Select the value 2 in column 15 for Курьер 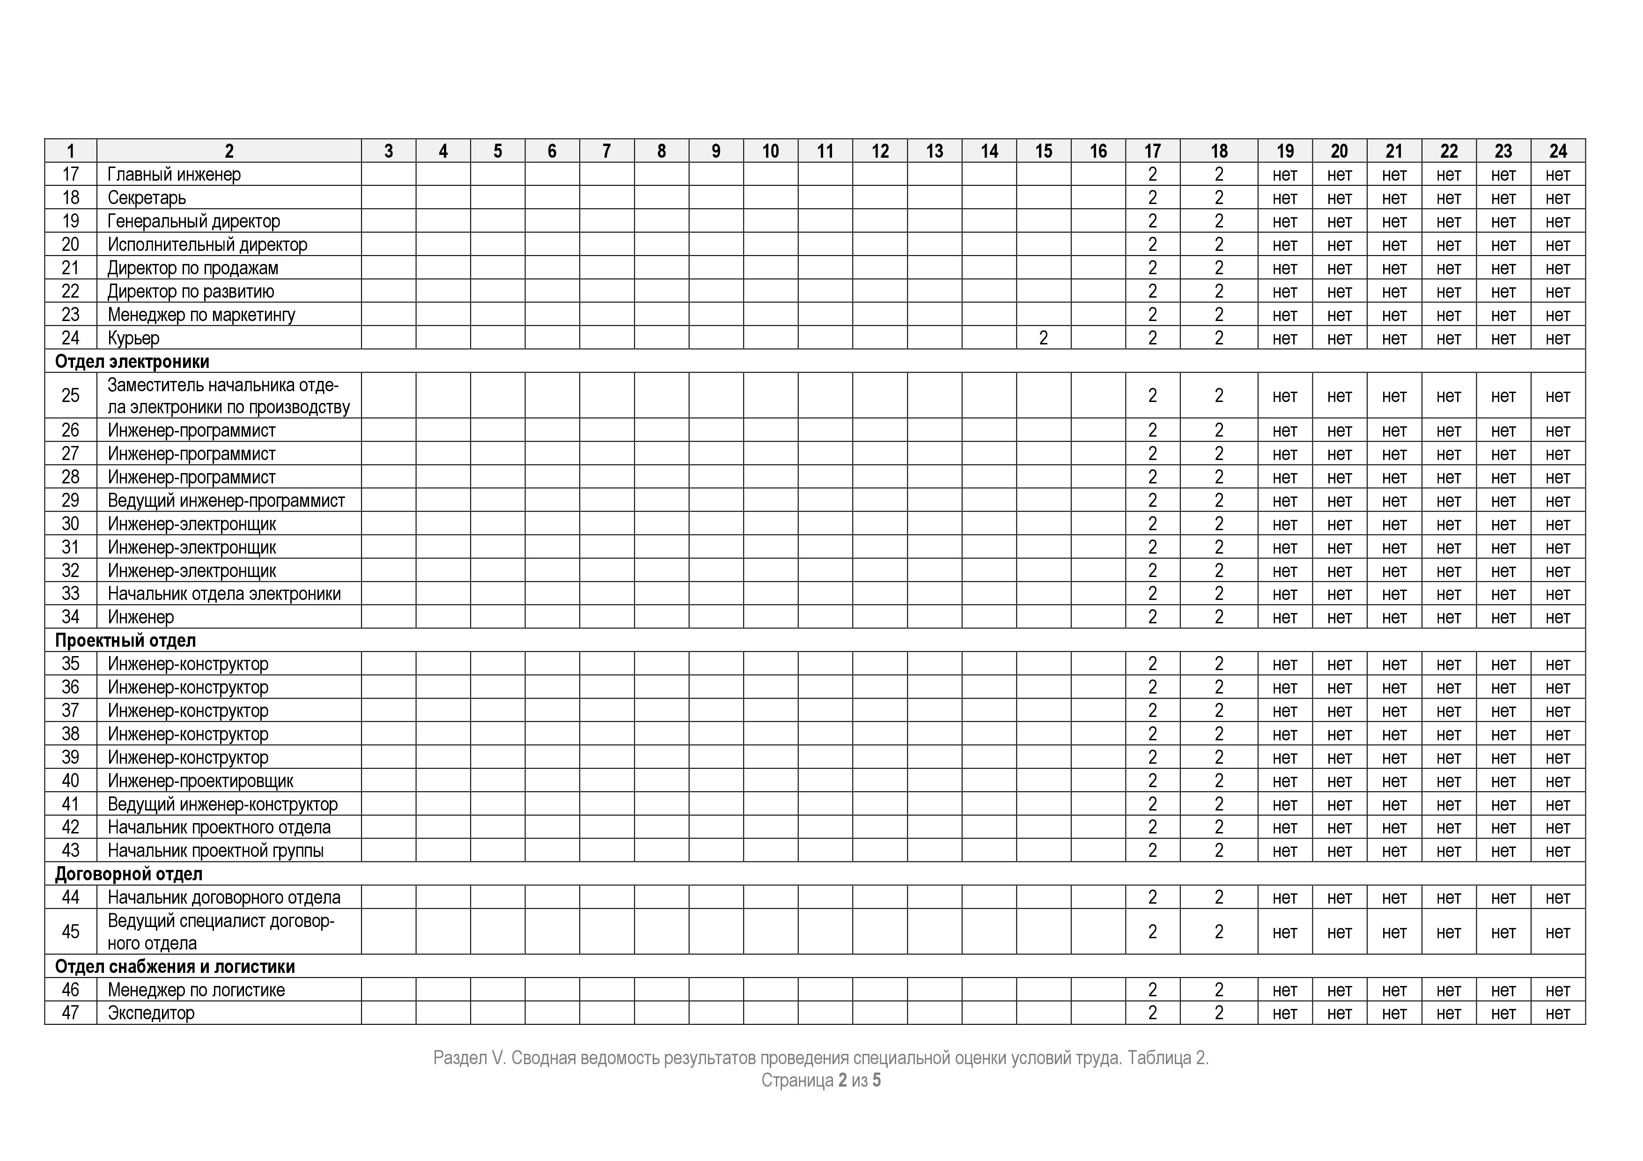point(1043,338)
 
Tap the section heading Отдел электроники point(133,362)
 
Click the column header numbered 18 point(1219,151)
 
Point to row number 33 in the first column point(70,594)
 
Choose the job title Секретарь point(147,198)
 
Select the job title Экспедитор point(151,1014)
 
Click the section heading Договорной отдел point(129,874)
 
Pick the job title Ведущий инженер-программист point(226,501)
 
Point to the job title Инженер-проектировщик point(200,781)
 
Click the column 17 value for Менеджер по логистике point(1152,990)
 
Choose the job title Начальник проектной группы point(215,851)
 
